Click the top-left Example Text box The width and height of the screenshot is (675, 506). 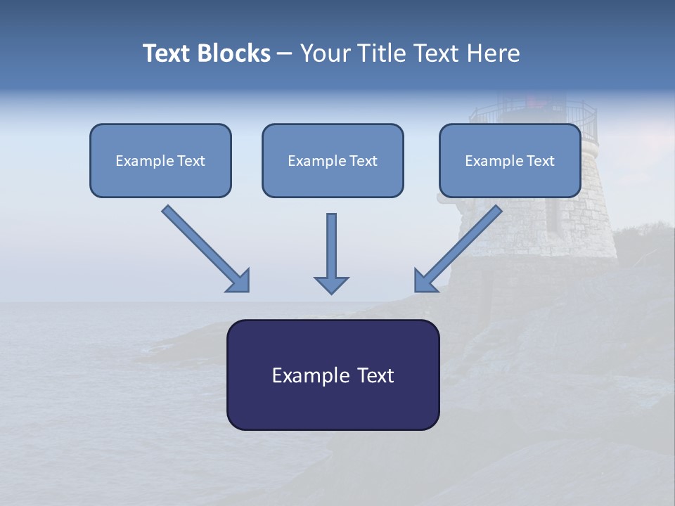coord(160,160)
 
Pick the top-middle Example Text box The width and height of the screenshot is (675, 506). coord(333,160)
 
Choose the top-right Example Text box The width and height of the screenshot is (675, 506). coord(510,160)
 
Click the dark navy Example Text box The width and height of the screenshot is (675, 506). coord(333,375)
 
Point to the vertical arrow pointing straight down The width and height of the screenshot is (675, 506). coord(331,253)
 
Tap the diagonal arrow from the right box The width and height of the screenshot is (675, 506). coord(458,248)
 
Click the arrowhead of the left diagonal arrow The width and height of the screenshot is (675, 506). coord(240,281)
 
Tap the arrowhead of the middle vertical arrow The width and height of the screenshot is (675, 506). coord(331,284)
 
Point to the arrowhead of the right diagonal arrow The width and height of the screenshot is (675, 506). coord(424,281)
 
